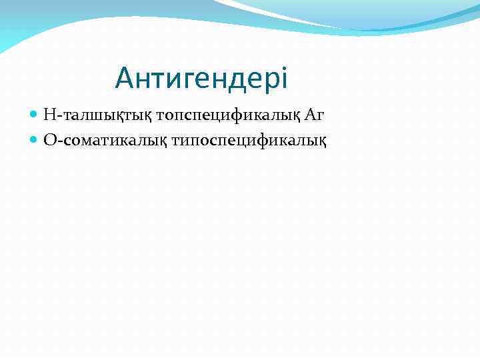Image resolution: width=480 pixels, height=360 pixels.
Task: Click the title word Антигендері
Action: tap(201, 79)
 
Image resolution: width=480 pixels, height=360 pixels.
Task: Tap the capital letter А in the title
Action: tap(124, 79)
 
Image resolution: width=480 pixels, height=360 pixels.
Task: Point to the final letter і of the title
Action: tap(284, 79)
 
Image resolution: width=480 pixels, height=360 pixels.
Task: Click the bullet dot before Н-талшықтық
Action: tap(35, 115)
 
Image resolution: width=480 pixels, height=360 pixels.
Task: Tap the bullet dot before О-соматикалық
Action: tap(35, 140)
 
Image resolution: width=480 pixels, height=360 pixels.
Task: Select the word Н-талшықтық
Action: tap(98, 115)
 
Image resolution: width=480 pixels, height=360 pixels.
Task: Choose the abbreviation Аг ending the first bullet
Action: tap(315, 115)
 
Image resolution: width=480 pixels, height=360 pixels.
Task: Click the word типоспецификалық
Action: tap(249, 140)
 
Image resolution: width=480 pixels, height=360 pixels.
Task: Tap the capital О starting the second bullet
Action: tap(49, 140)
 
